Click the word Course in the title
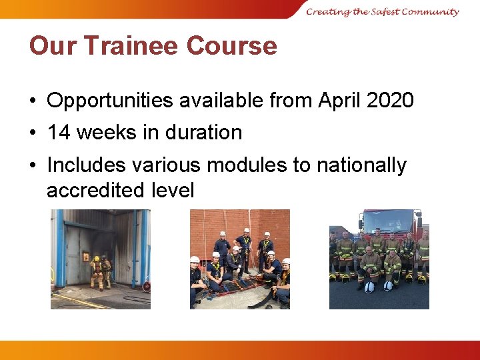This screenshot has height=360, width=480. (231, 46)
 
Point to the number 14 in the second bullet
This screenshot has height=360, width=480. (59, 132)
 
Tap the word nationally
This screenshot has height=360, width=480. (361, 165)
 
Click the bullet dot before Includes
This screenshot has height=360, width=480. (33, 165)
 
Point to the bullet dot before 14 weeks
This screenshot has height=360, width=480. (33, 133)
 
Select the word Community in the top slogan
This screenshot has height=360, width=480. (430, 11)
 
